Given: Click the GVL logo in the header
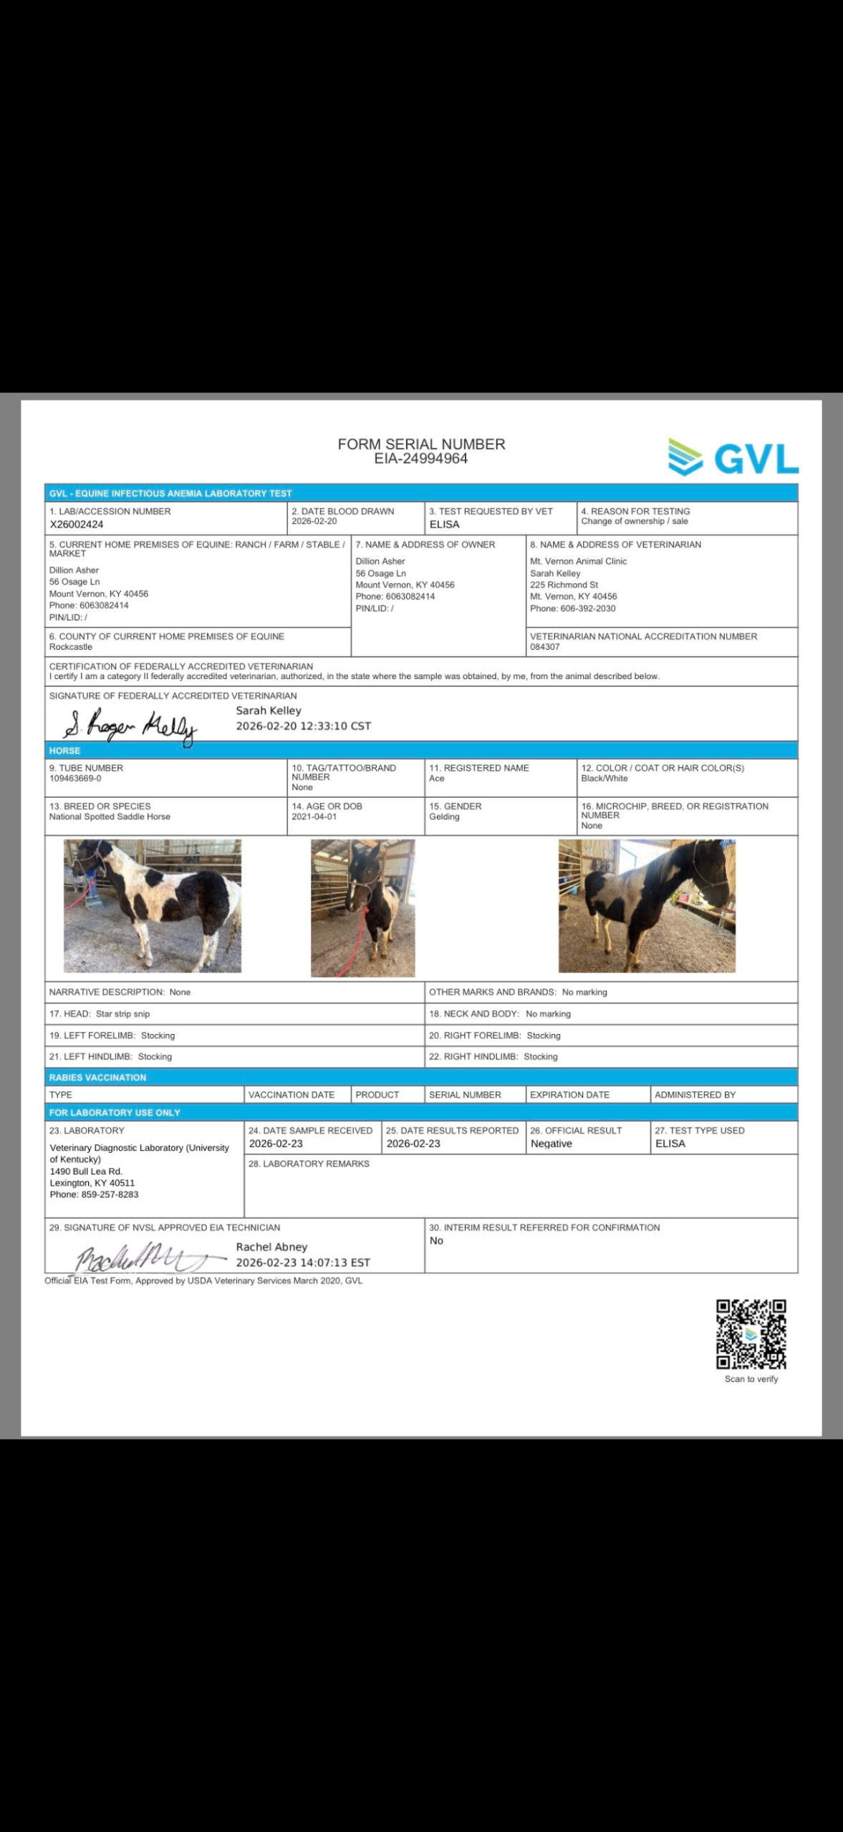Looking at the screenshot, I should [733, 458].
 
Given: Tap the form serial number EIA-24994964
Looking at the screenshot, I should [421, 459].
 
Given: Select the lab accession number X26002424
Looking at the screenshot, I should [77, 525].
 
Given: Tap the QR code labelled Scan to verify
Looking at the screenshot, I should [751, 1335].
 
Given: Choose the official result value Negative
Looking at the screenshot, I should [551, 1144].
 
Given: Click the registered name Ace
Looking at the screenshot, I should [436, 779].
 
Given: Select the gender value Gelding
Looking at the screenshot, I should [444, 817].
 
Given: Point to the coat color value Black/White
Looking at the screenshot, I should [604, 779].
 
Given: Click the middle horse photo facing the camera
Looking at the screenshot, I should [362, 907].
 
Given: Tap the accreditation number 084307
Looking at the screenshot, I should [544, 647].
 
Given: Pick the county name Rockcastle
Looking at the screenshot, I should [70, 647].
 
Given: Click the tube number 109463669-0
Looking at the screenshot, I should [75, 779].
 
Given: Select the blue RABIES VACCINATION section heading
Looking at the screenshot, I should [97, 1077].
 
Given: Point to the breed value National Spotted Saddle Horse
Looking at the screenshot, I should [110, 817].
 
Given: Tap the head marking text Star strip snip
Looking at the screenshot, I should [122, 1014].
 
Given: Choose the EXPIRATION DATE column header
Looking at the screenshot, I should [569, 1095].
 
